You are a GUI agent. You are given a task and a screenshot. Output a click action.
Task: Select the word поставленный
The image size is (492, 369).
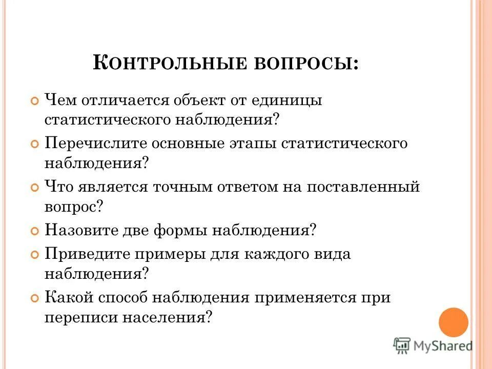click(363, 187)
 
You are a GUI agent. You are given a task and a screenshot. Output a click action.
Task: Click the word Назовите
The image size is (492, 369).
click(83, 230)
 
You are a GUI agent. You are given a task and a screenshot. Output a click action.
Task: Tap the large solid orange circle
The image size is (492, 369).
click(454, 322)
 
